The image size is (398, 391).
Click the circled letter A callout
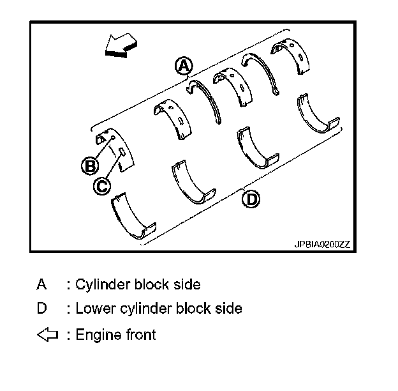pos(184,65)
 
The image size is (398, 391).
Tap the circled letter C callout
pos(102,185)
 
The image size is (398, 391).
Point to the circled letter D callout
pos(252,200)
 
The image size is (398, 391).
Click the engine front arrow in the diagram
pos(121,45)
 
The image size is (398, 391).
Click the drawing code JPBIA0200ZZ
pos(323,244)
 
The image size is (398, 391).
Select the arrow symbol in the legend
pos(47,334)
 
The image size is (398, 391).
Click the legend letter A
pos(41,284)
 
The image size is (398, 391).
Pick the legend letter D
pos(41,309)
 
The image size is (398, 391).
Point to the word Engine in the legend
pos(96,334)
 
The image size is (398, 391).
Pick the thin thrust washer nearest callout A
pos(207,99)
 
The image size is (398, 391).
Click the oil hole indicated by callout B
pos(113,137)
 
